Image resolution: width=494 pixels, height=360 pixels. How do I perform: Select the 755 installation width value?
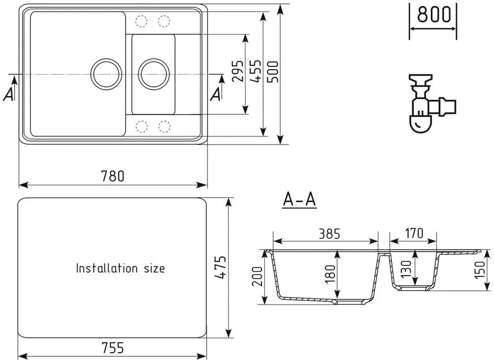(113, 347)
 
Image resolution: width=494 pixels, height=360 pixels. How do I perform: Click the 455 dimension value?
(255, 71)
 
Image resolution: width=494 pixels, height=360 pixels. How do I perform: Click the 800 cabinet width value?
(433, 15)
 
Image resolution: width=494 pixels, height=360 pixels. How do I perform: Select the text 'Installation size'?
(120, 268)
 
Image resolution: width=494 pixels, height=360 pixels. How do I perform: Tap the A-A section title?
(299, 199)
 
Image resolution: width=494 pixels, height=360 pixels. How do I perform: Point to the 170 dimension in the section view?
(413, 233)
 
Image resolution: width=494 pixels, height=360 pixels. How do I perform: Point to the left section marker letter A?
(8, 95)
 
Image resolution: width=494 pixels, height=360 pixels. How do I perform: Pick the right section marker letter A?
(216, 95)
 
